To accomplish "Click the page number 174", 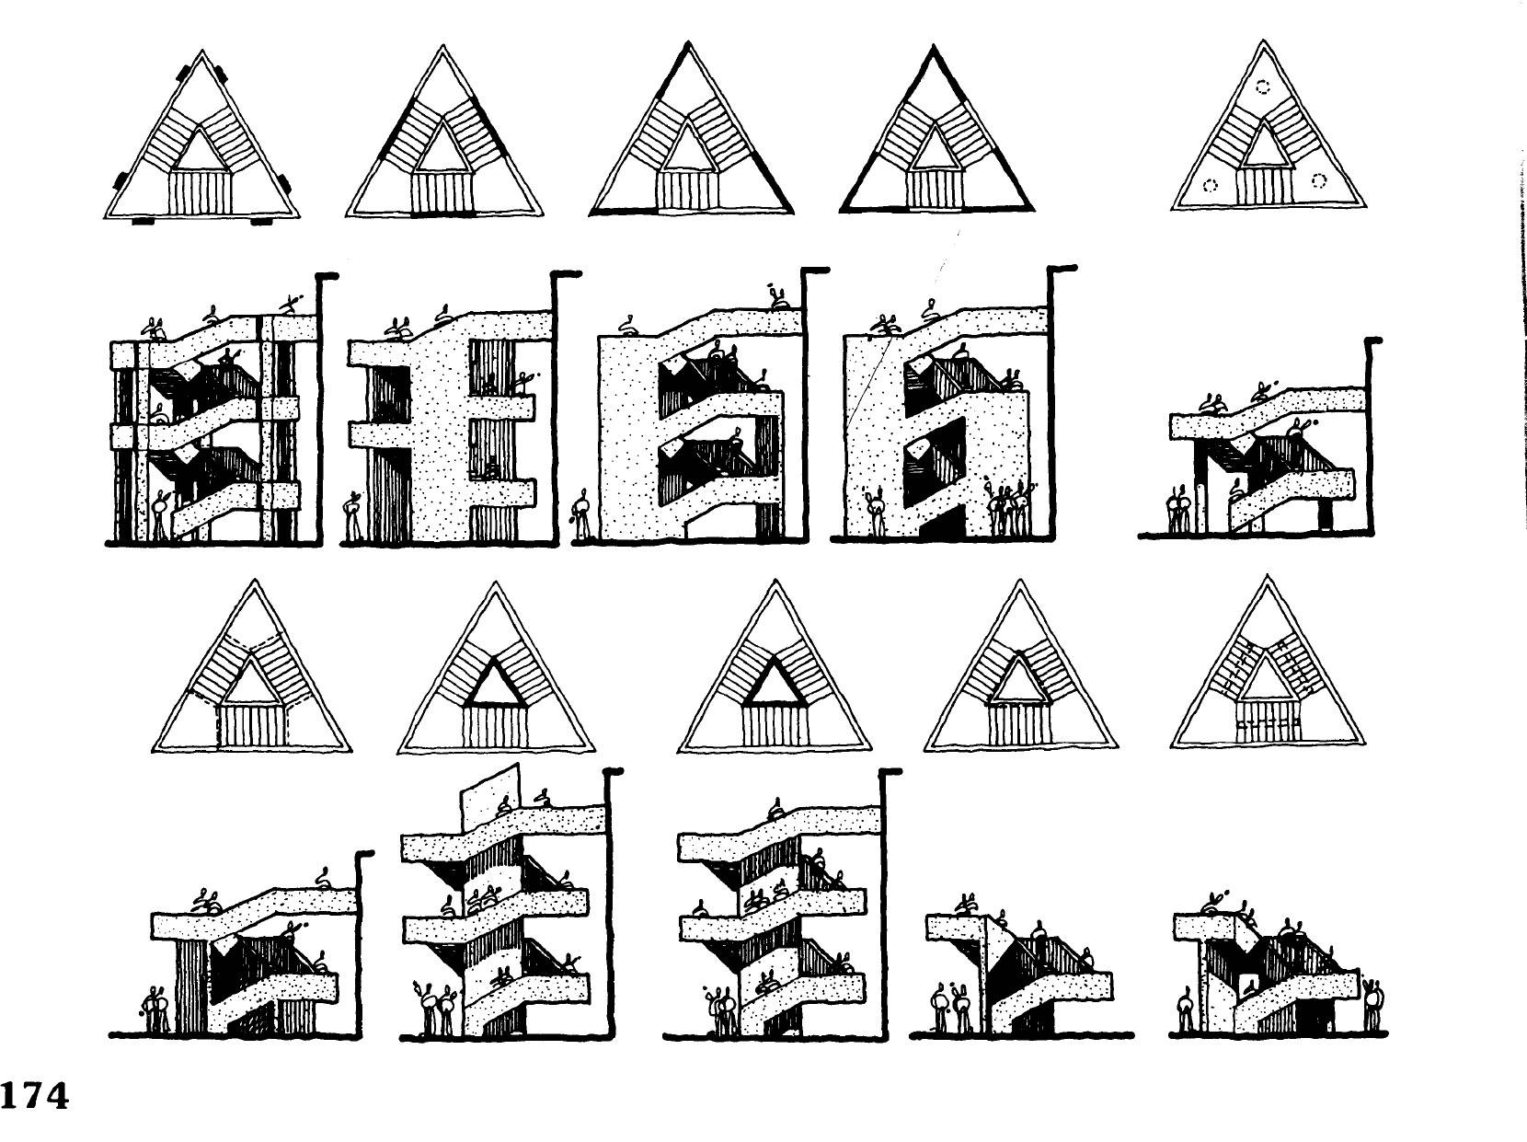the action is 35,1096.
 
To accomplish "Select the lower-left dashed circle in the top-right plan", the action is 1211,185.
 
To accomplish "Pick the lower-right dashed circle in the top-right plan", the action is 1318,181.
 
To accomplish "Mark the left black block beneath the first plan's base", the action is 144,221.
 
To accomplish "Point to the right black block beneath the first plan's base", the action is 261,221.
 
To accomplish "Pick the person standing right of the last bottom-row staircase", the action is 1372,1006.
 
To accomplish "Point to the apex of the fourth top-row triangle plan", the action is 933,47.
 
